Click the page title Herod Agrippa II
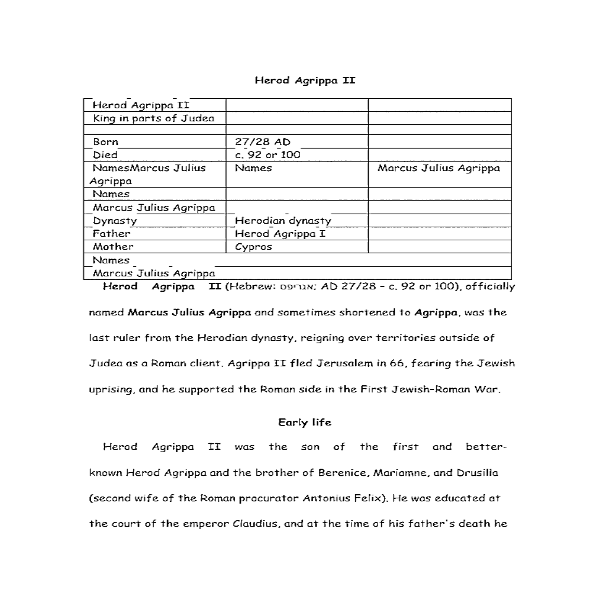(305, 80)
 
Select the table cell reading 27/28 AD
(263, 142)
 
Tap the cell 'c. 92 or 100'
(267, 155)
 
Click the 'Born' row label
(105, 142)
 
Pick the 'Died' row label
(105, 155)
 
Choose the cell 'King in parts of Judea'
(153, 118)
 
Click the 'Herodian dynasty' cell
(283, 221)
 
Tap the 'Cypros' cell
(253, 247)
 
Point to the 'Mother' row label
(113, 247)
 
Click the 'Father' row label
(111, 234)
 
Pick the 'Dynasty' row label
(115, 221)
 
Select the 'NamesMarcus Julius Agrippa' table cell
(149, 174)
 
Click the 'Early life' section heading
(305, 423)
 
